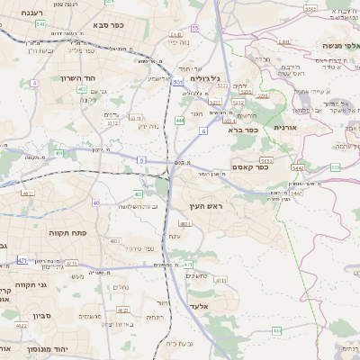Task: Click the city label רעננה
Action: pyautogui.click(x=34, y=13)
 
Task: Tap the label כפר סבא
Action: pyautogui.click(x=107, y=24)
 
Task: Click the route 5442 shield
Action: pyautogui.click(x=297, y=167)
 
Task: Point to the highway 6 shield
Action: pyautogui.click(x=203, y=131)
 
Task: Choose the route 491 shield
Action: pyautogui.click(x=58, y=154)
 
